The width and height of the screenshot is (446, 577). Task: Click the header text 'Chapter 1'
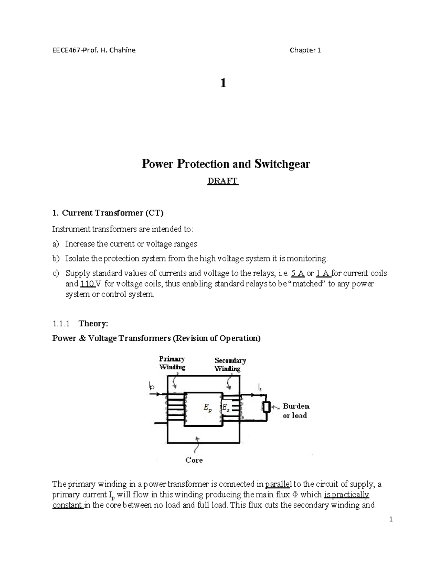[305, 50]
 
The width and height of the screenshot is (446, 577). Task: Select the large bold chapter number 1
[223, 83]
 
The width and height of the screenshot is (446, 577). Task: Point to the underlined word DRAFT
[223, 181]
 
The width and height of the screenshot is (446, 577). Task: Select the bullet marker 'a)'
[56, 244]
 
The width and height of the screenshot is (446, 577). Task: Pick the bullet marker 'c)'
[56, 273]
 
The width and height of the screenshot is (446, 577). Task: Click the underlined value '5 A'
[298, 273]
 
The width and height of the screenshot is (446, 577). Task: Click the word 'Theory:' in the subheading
[93, 324]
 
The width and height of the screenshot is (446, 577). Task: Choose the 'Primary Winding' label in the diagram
[172, 363]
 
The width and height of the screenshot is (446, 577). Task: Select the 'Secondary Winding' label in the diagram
[230, 364]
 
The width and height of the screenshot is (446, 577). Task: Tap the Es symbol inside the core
[225, 408]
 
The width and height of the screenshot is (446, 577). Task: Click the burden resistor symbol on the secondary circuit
[266, 407]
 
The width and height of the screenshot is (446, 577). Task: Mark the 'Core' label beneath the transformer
[194, 460]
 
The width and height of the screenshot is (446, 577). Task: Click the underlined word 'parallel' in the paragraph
[279, 484]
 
